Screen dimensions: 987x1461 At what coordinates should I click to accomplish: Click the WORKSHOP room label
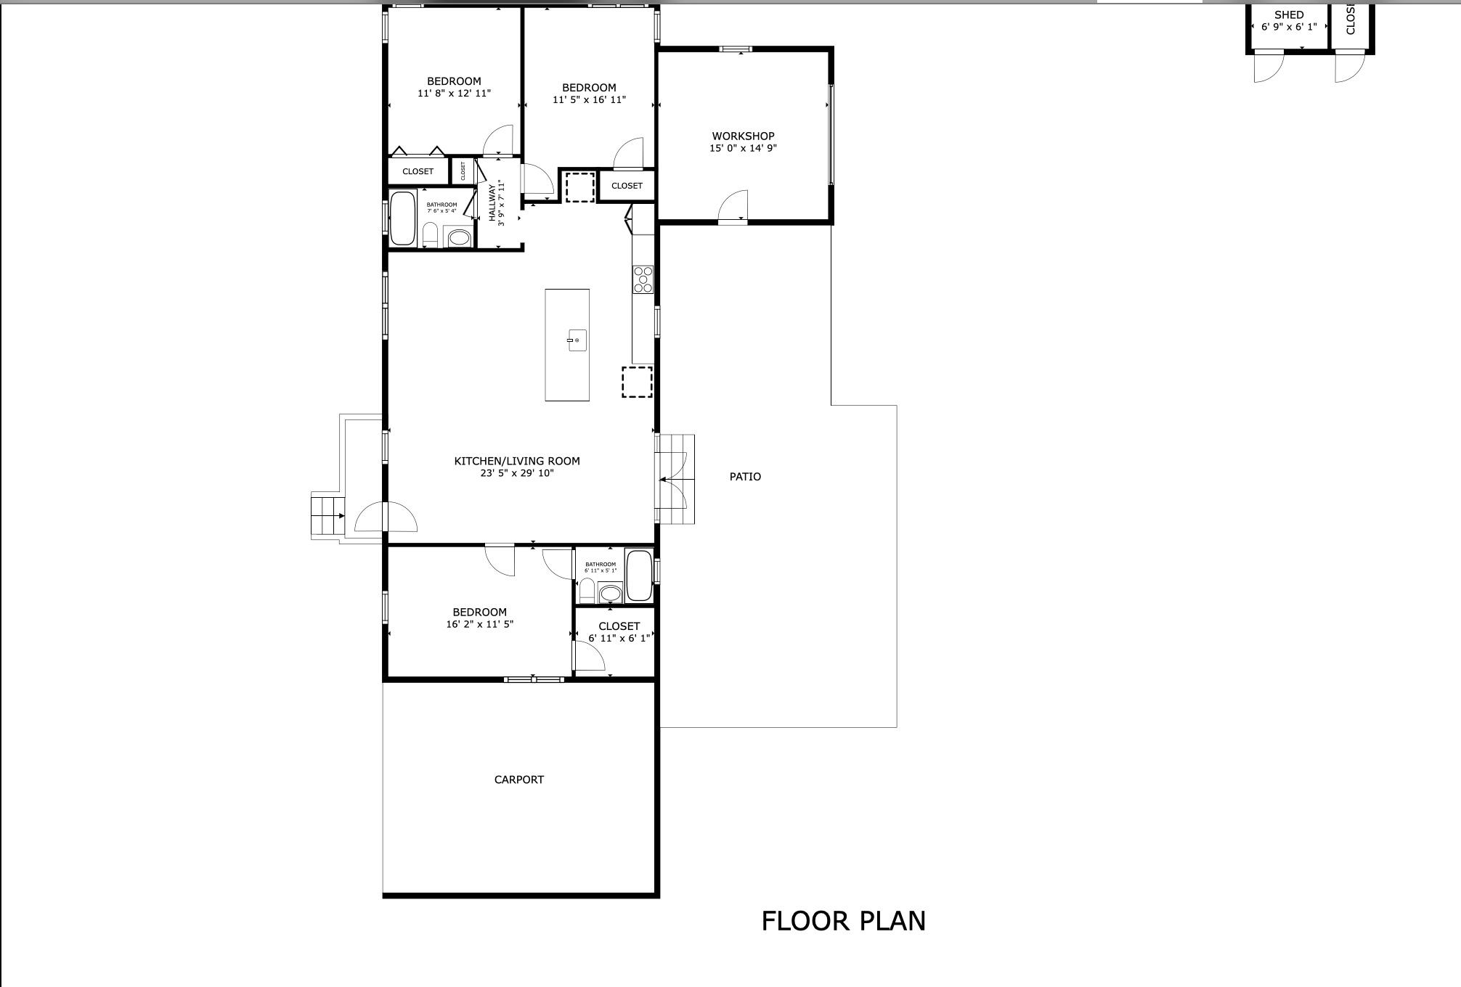(x=743, y=136)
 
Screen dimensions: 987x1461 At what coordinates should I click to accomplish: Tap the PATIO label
(x=745, y=477)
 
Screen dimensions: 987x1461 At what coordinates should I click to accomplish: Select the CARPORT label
(x=518, y=779)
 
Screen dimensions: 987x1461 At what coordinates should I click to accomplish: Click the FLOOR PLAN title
(x=843, y=921)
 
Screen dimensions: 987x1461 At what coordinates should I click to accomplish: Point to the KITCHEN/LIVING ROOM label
(x=516, y=461)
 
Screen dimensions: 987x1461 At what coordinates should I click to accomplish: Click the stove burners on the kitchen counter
(x=643, y=279)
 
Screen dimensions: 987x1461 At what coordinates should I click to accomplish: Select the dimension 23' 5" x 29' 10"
(x=516, y=473)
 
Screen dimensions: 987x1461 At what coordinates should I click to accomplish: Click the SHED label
(x=1289, y=15)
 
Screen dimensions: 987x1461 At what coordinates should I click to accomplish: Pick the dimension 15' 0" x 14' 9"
(x=743, y=148)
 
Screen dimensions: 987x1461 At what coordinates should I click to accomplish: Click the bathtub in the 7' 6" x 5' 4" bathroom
(x=402, y=218)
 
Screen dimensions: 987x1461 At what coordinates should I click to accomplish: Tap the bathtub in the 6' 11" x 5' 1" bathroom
(x=639, y=576)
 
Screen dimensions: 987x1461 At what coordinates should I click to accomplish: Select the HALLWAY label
(x=492, y=202)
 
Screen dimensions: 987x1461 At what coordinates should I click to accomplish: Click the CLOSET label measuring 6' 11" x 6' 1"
(x=619, y=626)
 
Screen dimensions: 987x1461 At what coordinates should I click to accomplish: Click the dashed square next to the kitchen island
(x=637, y=382)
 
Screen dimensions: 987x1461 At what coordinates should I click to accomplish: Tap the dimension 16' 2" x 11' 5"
(x=479, y=624)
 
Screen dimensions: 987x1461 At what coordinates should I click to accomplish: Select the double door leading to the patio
(x=672, y=480)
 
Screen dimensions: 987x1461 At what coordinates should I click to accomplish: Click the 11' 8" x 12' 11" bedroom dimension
(x=454, y=94)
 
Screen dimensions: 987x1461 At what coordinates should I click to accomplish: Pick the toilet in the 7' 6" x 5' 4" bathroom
(x=430, y=234)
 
